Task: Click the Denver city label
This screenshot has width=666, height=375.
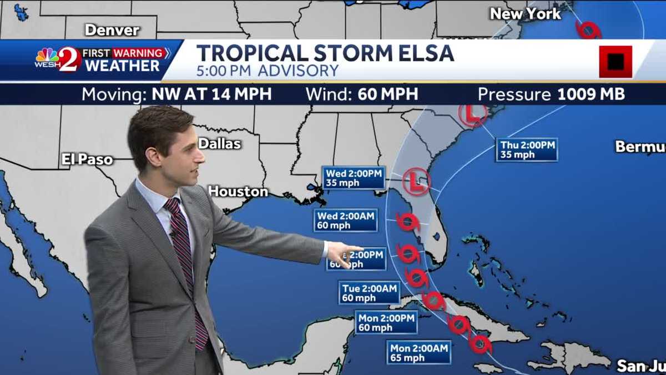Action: pyautogui.click(x=112, y=29)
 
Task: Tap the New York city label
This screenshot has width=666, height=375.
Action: pyautogui.click(x=526, y=14)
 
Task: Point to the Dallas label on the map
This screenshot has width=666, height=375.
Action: pyautogui.click(x=219, y=143)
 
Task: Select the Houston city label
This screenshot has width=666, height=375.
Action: pyautogui.click(x=238, y=192)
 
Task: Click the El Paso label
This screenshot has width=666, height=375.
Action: pyautogui.click(x=87, y=160)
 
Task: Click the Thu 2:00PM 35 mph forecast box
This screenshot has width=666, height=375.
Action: pyautogui.click(x=527, y=149)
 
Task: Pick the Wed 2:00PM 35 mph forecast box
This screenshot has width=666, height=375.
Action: pyautogui.click(x=354, y=178)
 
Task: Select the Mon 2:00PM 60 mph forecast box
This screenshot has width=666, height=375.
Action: pyautogui.click(x=386, y=323)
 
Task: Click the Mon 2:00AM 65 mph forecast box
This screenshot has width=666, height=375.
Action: pyautogui.click(x=419, y=353)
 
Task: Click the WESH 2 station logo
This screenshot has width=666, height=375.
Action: pyautogui.click(x=58, y=59)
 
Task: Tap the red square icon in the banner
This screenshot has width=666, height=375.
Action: pyautogui.click(x=615, y=62)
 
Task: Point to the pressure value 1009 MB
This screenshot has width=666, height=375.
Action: pyautogui.click(x=591, y=94)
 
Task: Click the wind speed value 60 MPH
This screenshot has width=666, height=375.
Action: pyautogui.click(x=387, y=94)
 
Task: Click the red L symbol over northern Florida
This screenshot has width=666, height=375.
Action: pyautogui.click(x=416, y=181)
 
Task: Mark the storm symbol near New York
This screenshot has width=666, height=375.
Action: pyautogui.click(x=588, y=29)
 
